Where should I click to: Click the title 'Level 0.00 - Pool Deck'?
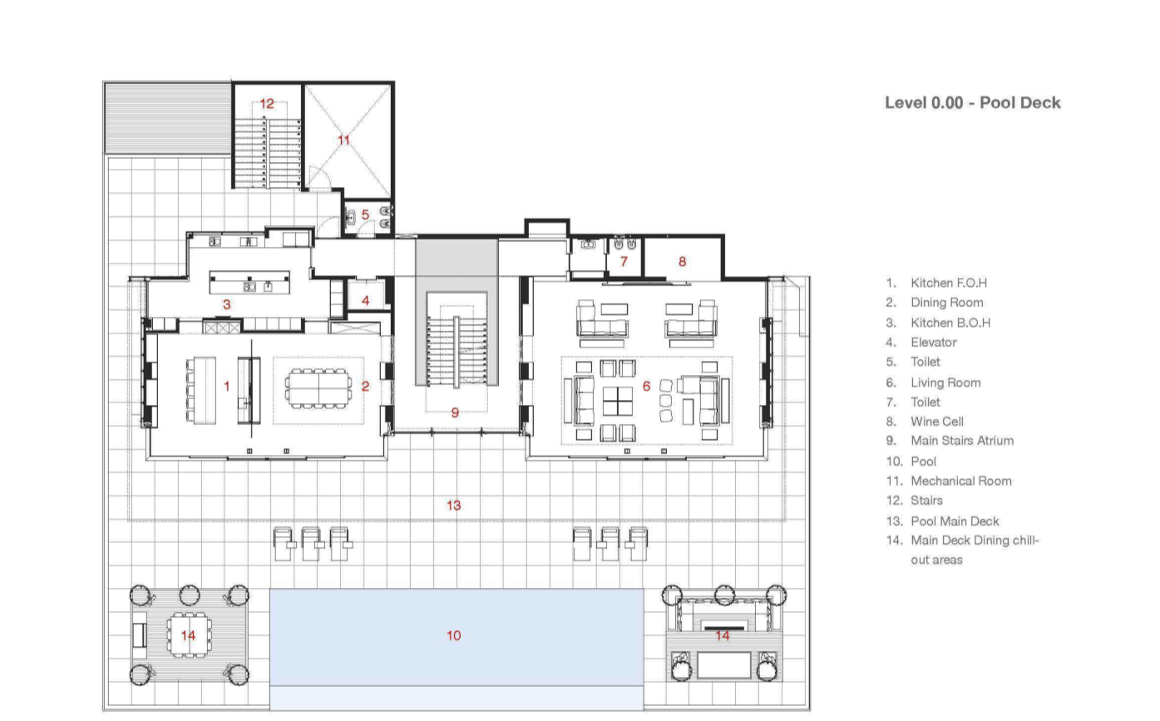coord(972,102)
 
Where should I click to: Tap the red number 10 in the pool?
coord(453,635)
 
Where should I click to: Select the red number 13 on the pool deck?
coord(453,505)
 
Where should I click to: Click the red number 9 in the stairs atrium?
coord(455,412)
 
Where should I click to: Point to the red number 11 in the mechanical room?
coord(343,140)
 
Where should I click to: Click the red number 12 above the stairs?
coord(266,104)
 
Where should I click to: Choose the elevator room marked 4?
coord(366,300)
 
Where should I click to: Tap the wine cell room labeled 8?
coord(682,261)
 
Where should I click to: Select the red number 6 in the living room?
coord(646,386)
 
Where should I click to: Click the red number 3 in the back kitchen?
coord(226,304)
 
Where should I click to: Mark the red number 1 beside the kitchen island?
coord(226,386)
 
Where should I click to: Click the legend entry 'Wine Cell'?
coord(936,422)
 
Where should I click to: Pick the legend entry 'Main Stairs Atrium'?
coord(961,441)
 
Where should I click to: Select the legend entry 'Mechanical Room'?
coord(960,481)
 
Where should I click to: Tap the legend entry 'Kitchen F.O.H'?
coord(948,283)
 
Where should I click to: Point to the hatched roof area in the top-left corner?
coord(167,117)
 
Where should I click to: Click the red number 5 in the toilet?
coord(365,215)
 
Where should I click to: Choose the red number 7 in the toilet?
coord(624,261)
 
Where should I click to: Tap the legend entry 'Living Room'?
coord(945,383)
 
